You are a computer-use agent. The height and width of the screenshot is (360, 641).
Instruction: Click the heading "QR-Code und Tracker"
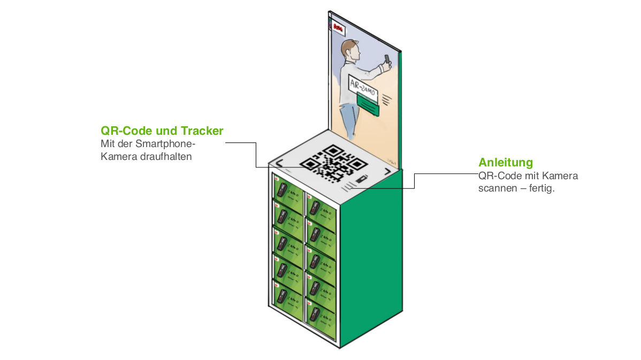[162, 131]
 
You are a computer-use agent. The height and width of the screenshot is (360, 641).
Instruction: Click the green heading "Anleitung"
[506, 163]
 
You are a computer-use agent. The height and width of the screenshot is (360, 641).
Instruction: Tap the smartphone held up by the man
[387, 59]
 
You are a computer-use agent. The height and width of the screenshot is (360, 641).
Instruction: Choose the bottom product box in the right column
[320, 317]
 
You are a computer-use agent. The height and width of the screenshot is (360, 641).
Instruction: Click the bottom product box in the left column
[287, 295]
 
